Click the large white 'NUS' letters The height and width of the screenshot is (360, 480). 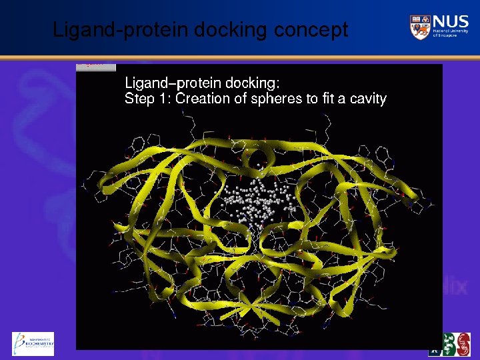[451, 22]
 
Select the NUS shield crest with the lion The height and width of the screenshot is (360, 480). [419, 27]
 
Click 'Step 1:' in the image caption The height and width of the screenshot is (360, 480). [147, 99]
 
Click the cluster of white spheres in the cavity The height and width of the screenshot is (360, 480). [257, 200]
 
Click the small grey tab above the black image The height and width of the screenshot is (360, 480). [96, 67]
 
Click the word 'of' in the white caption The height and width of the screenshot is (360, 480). [241, 99]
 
